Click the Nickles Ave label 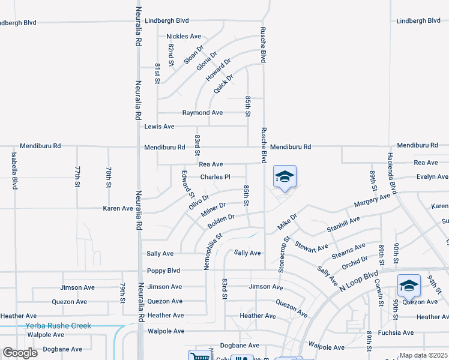(184, 37)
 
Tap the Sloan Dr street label (194, 55)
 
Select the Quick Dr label (223, 80)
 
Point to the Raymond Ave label (202, 113)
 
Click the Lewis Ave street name (159, 127)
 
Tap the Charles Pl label (215, 177)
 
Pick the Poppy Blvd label (164, 271)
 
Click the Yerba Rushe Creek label (58, 326)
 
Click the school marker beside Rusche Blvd (285, 177)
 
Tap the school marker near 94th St (408, 285)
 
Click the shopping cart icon (199, 356)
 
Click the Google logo (20, 353)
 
